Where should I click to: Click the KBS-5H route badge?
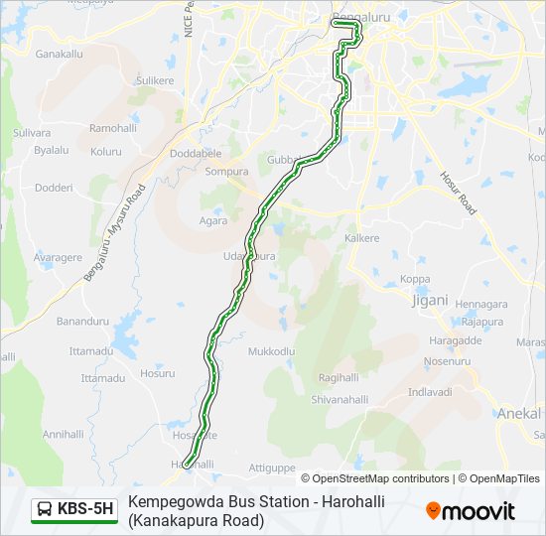(x=74, y=510)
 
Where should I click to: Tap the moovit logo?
(x=471, y=511)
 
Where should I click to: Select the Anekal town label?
(x=519, y=413)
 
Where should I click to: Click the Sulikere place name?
(x=154, y=79)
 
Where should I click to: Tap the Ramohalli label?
(x=112, y=128)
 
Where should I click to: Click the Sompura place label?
(x=225, y=171)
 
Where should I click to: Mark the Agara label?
(x=213, y=220)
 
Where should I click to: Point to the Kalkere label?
(x=361, y=238)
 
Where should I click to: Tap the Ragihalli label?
(x=338, y=378)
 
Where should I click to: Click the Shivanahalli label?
(x=340, y=400)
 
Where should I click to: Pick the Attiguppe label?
(x=271, y=467)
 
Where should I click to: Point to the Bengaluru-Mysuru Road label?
(x=114, y=231)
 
